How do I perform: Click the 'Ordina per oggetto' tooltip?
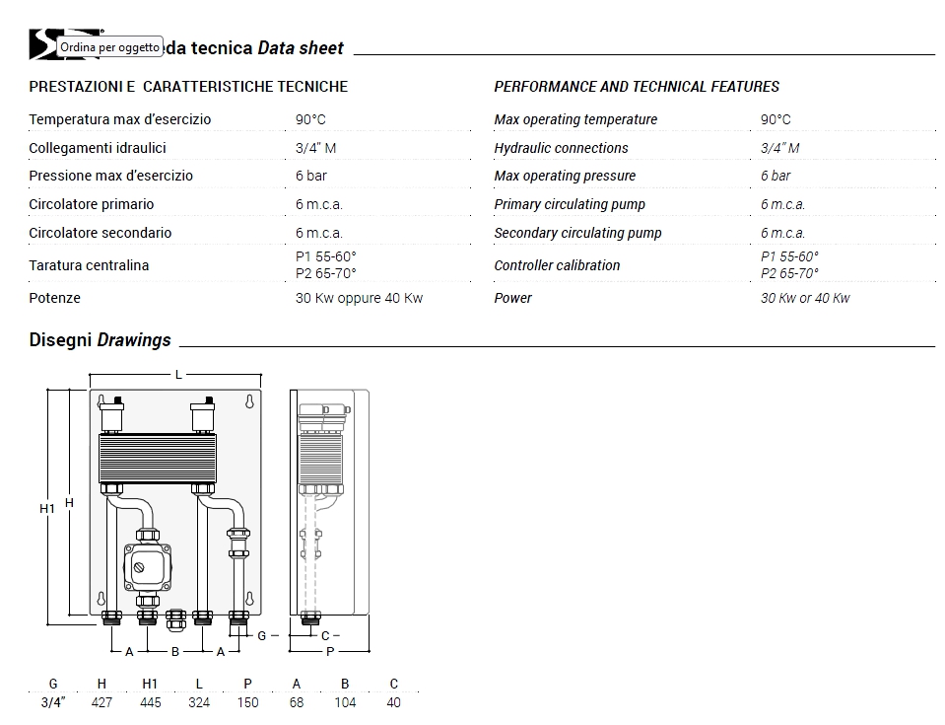pyautogui.click(x=108, y=47)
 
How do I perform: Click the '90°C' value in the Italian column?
pyautogui.click(x=310, y=119)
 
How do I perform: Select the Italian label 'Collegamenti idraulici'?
pyautogui.click(x=98, y=148)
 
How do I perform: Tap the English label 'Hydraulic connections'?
pyautogui.click(x=561, y=148)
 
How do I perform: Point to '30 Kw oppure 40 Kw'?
pyautogui.click(x=359, y=298)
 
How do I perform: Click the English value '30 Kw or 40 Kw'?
pyautogui.click(x=804, y=298)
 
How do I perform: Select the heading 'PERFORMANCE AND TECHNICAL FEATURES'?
pyautogui.click(x=637, y=87)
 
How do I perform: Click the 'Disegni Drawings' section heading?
pyautogui.click(x=100, y=340)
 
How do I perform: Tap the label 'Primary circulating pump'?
pyautogui.click(x=570, y=204)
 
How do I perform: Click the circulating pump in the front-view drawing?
pyautogui.click(x=146, y=567)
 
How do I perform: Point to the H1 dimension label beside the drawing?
pyautogui.click(x=46, y=508)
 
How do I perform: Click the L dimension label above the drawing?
pyautogui.click(x=178, y=375)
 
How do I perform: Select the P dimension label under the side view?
pyautogui.click(x=330, y=651)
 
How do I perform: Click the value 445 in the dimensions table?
pyautogui.click(x=150, y=702)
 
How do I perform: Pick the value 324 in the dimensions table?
pyautogui.click(x=199, y=702)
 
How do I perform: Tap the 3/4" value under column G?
pyautogui.click(x=53, y=702)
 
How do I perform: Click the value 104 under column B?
pyautogui.click(x=345, y=702)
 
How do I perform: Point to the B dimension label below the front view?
pyautogui.click(x=175, y=651)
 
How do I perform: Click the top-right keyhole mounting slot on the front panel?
pyautogui.click(x=249, y=402)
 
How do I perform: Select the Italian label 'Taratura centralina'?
pyautogui.click(x=89, y=265)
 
